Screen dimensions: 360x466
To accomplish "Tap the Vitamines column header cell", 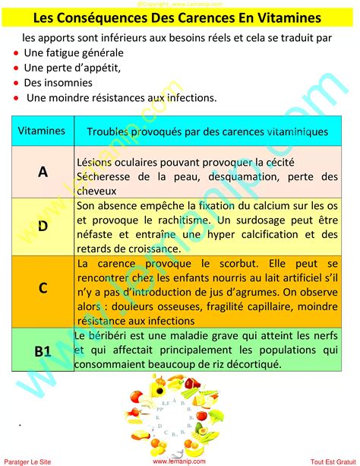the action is [41, 131].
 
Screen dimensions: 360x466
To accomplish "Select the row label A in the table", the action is [43, 172].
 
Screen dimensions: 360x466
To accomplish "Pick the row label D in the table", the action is [43, 226].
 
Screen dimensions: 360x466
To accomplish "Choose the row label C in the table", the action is [43, 287].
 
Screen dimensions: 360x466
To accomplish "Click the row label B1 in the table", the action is [43, 350].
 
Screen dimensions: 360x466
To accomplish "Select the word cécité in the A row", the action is [279, 162].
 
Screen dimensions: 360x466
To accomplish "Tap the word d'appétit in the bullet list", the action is [95, 67].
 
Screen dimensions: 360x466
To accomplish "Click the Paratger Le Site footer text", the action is [29, 460].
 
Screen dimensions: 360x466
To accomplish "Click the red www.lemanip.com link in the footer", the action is [179, 460].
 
